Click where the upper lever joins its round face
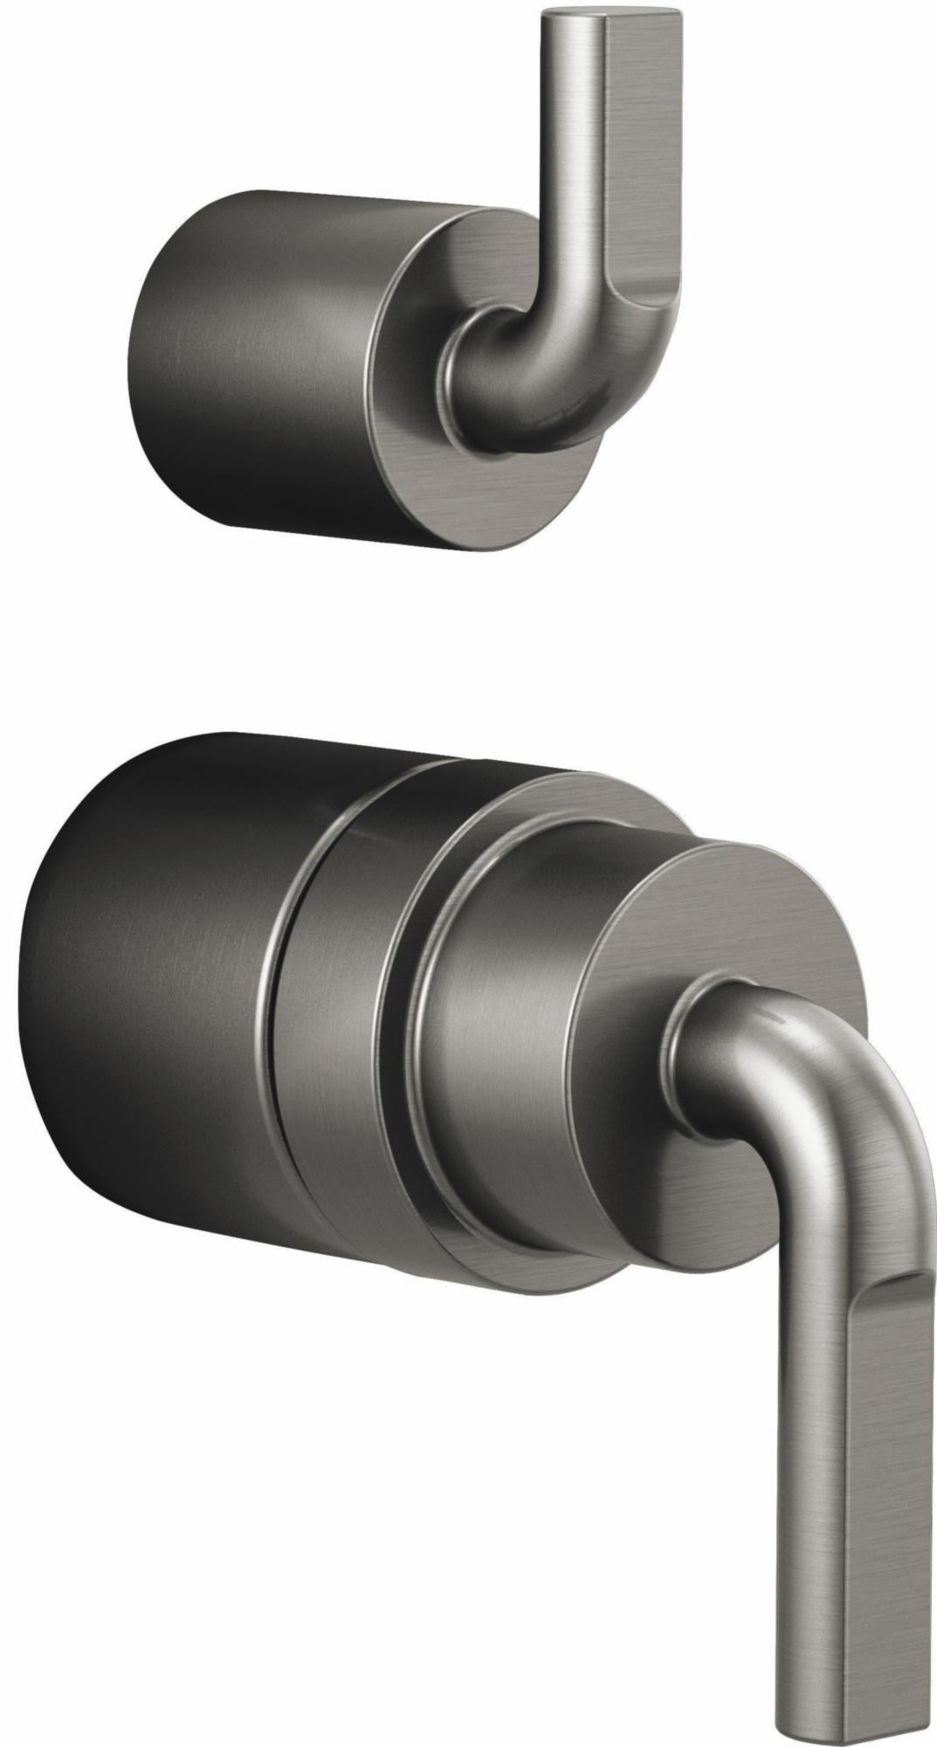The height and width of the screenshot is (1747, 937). click(454, 384)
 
